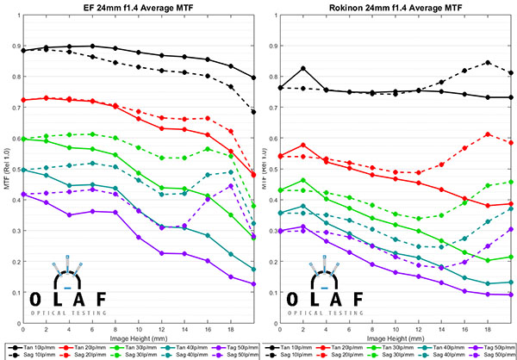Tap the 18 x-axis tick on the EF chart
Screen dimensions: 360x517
(231, 329)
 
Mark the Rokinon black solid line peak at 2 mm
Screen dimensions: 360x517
(302, 68)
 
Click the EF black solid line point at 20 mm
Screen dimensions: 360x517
(253, 78)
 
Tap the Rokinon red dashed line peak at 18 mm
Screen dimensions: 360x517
(489, 134)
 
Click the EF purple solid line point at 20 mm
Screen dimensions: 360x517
(253, 283)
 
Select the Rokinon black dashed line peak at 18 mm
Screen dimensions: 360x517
(489, 62)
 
